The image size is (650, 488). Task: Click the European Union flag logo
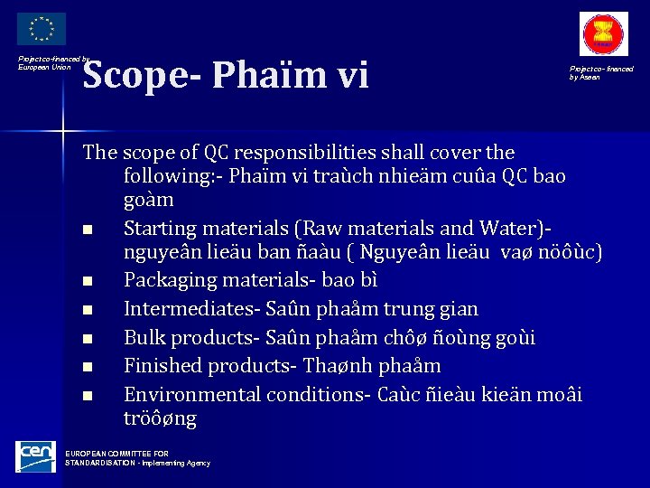41,29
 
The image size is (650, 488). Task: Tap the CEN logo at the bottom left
36,456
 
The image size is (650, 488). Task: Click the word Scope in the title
133,75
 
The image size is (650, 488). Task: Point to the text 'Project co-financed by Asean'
600,72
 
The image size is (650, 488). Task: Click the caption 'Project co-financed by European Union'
52,62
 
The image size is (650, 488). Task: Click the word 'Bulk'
145,337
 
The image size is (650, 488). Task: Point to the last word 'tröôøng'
160,419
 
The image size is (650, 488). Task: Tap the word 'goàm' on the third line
148,199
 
